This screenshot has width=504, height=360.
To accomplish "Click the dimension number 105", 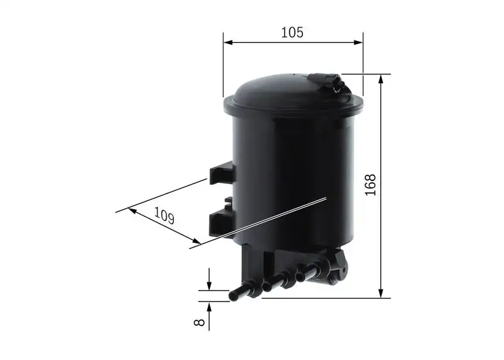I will click(292, 33).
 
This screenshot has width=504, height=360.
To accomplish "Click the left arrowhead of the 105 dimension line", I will click(227, 43).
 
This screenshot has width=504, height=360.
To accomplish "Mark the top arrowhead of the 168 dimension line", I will click(381, 79).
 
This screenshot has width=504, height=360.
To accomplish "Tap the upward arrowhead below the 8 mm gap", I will click(209, 305).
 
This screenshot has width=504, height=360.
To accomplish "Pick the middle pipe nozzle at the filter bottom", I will click(273, 283).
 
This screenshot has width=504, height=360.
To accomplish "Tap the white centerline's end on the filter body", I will click(324, 199).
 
